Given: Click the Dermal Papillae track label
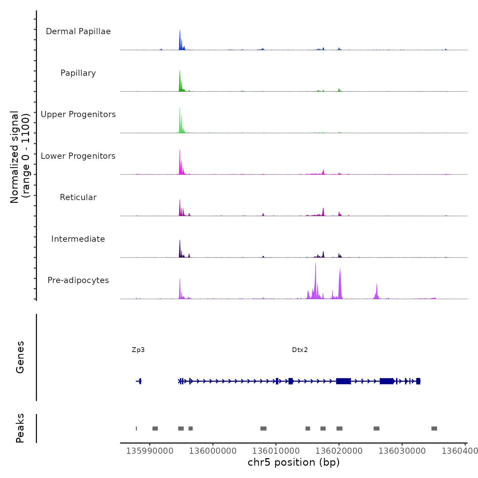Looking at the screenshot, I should pyautogui.click(x=78, y=31).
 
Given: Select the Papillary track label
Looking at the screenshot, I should pyautogui.click(x=78, y=73).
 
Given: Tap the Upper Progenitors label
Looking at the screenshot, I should pyautogui.click(x=78, y=114).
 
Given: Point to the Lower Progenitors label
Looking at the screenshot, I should pyautogui.click(x=78, y=156).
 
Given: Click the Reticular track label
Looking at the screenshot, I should pyautogui.click(x=78, y=197).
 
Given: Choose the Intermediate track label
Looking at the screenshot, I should pyautogui.click(x=78, y=239).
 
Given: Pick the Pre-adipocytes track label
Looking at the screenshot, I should pyautogui.click(x=78, y=280).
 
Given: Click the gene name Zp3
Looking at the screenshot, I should pyautogui.click(x=138, y=350).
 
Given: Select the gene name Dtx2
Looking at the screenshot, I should pyautogui.click(x=300, y=350).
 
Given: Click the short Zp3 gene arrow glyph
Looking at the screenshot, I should pyautogui.click(x=139, y=381).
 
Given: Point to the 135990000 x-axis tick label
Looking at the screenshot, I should pyautogui.click(x=150, y=451).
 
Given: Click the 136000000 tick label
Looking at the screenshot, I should pyautogui.click(x=213, y=451).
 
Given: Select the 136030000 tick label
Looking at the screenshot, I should pyautogui.click(x=402, y=451).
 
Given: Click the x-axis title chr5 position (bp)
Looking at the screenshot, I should pyautogui.click(x=294, y=463).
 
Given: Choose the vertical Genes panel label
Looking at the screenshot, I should pyautogui.click(x=20, y=357).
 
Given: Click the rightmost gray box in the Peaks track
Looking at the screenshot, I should pyautogui.click(x=434, y=428).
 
